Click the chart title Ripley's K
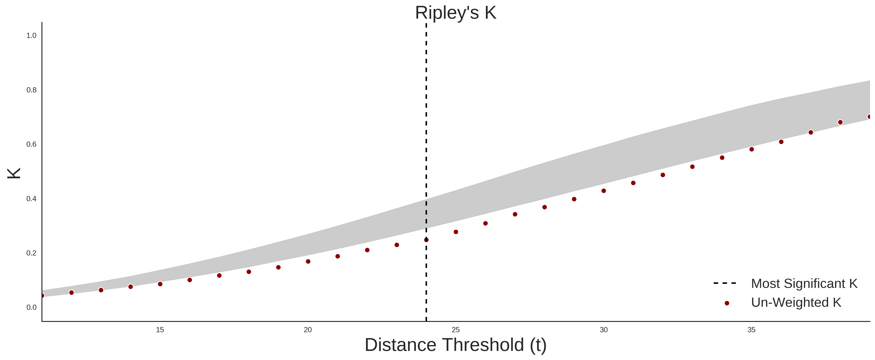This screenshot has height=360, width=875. (x=455, y=13)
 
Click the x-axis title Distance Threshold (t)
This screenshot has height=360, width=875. (x=455, y=345)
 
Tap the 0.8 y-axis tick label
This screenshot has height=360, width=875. (x=31, y=90)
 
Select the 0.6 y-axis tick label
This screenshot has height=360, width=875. (x=31, y=144)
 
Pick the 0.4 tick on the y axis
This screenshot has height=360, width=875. (x=31, y=199)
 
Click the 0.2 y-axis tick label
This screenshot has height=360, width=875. (x=31, y=253)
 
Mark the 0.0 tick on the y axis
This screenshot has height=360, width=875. (x=31, y=307)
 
